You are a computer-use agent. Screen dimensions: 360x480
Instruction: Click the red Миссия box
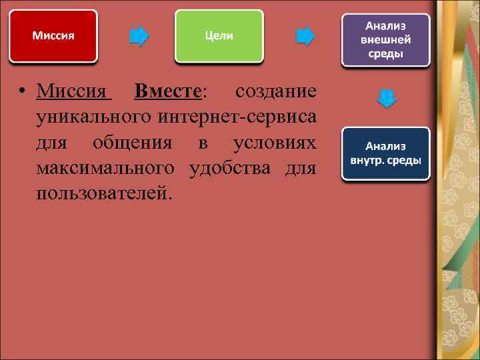point(53,36)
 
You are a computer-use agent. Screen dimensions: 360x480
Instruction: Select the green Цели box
point(218,36)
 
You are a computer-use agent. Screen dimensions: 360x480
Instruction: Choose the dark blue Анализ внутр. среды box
point(386,154)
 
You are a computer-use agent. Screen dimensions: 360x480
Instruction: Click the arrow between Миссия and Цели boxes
point(139,36)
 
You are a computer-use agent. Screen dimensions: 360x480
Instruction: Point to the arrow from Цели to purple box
point(305,36)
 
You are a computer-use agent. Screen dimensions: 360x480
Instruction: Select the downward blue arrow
point(387,99)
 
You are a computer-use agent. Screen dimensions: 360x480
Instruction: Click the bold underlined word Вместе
point(171,91)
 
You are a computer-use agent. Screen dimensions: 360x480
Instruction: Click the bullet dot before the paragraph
point(23,92)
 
